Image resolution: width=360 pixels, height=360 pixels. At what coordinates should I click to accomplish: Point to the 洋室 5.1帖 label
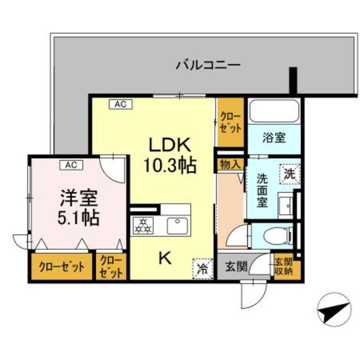79,208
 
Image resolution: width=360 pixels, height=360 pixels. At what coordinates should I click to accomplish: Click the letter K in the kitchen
164,258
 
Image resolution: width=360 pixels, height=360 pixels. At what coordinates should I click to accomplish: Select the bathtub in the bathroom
274,110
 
